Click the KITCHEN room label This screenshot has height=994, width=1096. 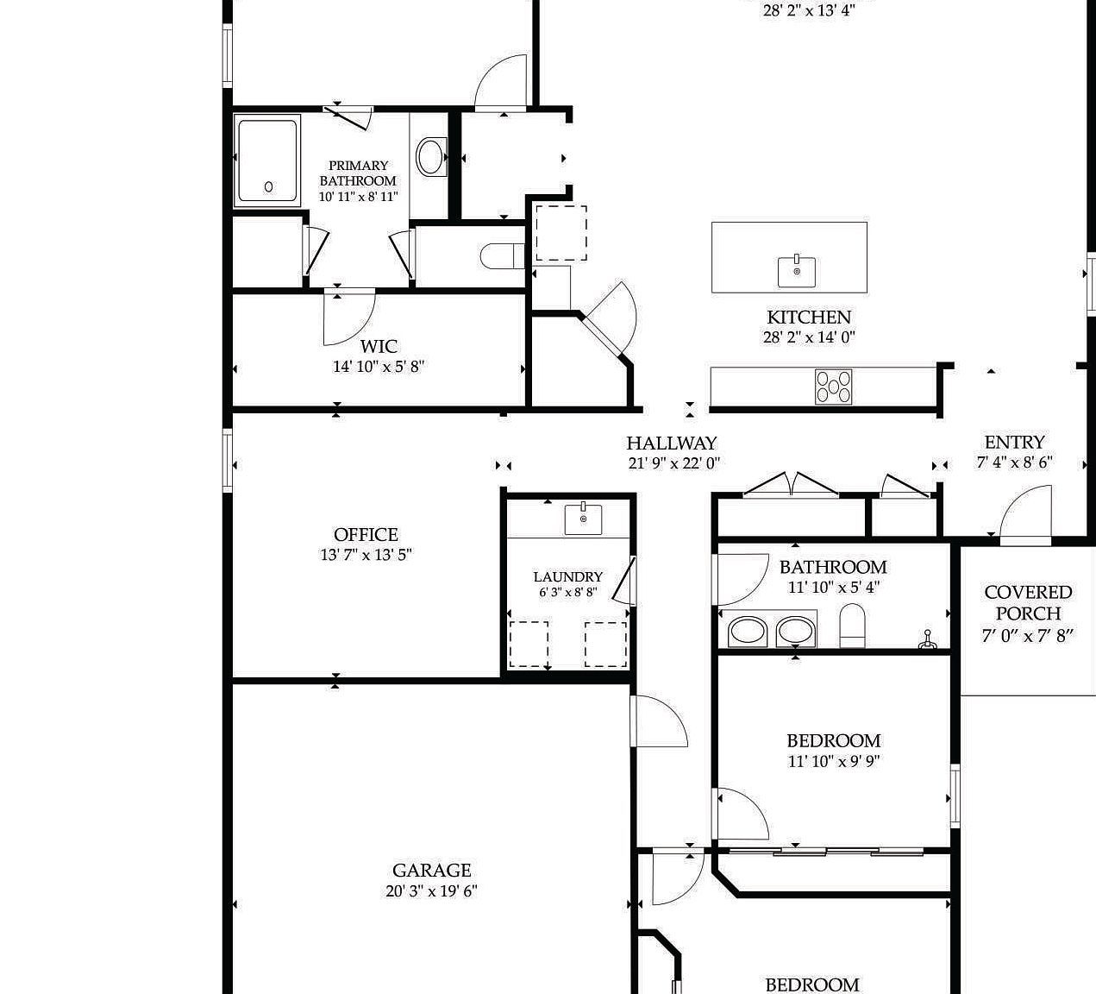pos(809,318)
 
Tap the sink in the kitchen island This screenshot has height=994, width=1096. pos(797,271)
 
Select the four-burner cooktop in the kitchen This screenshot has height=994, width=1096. pos(833,386)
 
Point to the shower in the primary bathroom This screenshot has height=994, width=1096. pos(268,161)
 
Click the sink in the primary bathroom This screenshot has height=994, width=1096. pos(430,157)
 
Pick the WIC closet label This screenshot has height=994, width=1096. pos(379,346)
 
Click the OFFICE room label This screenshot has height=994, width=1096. pos(366,535)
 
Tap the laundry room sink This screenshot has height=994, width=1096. pos(584,519)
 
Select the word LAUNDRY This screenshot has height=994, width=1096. pos(567,576)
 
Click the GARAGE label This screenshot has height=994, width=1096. pos(431,871)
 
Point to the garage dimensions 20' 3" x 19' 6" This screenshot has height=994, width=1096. pos(431,891)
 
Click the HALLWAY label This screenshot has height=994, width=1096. pos(672,444)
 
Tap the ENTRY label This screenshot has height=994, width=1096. pos(1014,443)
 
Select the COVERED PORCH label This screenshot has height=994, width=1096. pos(1028,603)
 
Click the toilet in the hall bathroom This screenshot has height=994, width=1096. pos(852,625)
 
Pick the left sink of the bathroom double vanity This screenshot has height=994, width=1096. pos(748,631)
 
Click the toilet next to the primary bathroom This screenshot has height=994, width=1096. pos(500,256)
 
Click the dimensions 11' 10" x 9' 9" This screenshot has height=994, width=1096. pos(833,761)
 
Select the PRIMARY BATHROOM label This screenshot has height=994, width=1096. pos(358,173)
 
